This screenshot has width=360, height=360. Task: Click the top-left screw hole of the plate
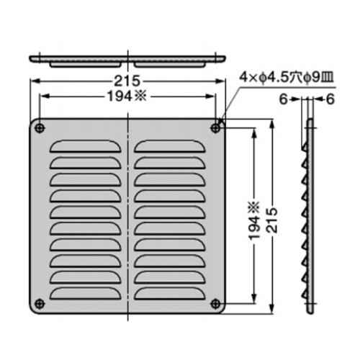(x=40, y=128)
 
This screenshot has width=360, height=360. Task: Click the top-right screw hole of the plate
(x=215, y=128)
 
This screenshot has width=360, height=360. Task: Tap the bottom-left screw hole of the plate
(x=40, y=304)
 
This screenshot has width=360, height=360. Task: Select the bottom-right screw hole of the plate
(x=215, y=304)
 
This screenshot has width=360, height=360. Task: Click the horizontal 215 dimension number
(x=127, y=81)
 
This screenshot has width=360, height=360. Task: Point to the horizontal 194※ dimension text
(x=127, y=96)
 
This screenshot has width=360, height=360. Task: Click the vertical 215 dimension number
(x=272, y=220)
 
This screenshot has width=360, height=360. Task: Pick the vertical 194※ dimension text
(x=255, y=220)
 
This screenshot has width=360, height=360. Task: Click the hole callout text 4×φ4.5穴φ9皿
(x=286, y=78)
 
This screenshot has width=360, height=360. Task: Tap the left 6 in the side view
(x=284, y=99)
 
